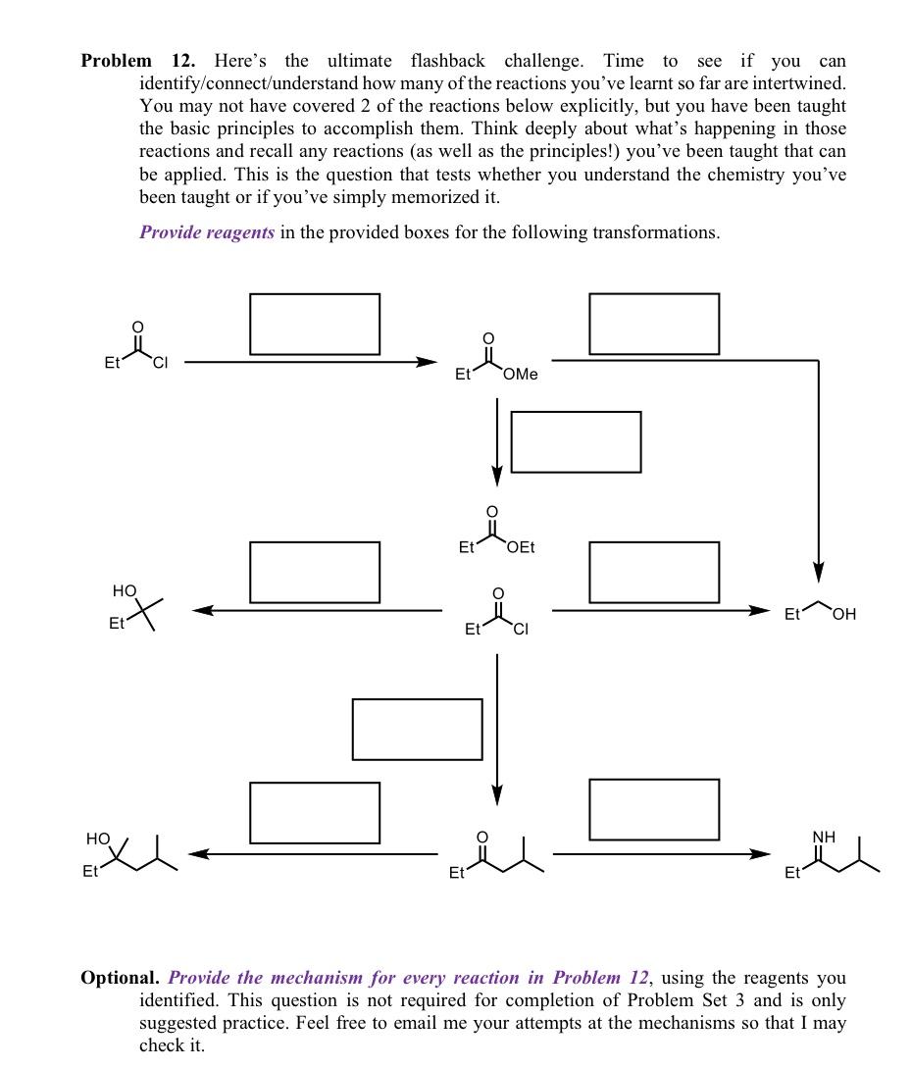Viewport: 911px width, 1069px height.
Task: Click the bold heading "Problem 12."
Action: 137,61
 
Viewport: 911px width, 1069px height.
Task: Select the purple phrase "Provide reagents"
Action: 207,232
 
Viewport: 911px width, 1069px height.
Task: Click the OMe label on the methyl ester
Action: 520,375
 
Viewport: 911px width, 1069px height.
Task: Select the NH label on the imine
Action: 824,837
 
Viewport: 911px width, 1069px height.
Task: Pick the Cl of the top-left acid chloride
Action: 160,364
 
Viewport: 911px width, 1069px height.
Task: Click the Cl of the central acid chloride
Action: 520,630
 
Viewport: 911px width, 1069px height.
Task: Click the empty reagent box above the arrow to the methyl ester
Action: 315,324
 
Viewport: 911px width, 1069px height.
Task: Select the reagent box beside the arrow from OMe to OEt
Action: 577,441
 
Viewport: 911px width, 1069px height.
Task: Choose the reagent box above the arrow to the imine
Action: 654,810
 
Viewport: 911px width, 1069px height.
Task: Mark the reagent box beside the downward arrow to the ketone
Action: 417,729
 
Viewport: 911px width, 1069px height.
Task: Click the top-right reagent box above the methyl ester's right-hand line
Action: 654,324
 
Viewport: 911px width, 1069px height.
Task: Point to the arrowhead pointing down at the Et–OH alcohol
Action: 818,572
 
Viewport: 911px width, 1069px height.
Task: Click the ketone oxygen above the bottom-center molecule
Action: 481,837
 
